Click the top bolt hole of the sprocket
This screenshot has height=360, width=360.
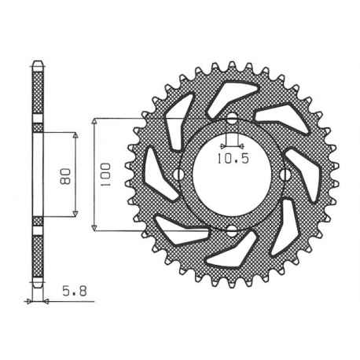click(232, 119)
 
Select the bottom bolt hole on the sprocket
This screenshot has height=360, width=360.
click(232, 230)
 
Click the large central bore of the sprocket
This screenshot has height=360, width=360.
click(232, 174)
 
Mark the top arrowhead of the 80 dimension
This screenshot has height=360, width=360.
click(75, 135)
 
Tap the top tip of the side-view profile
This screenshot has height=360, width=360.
click(36, 61)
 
